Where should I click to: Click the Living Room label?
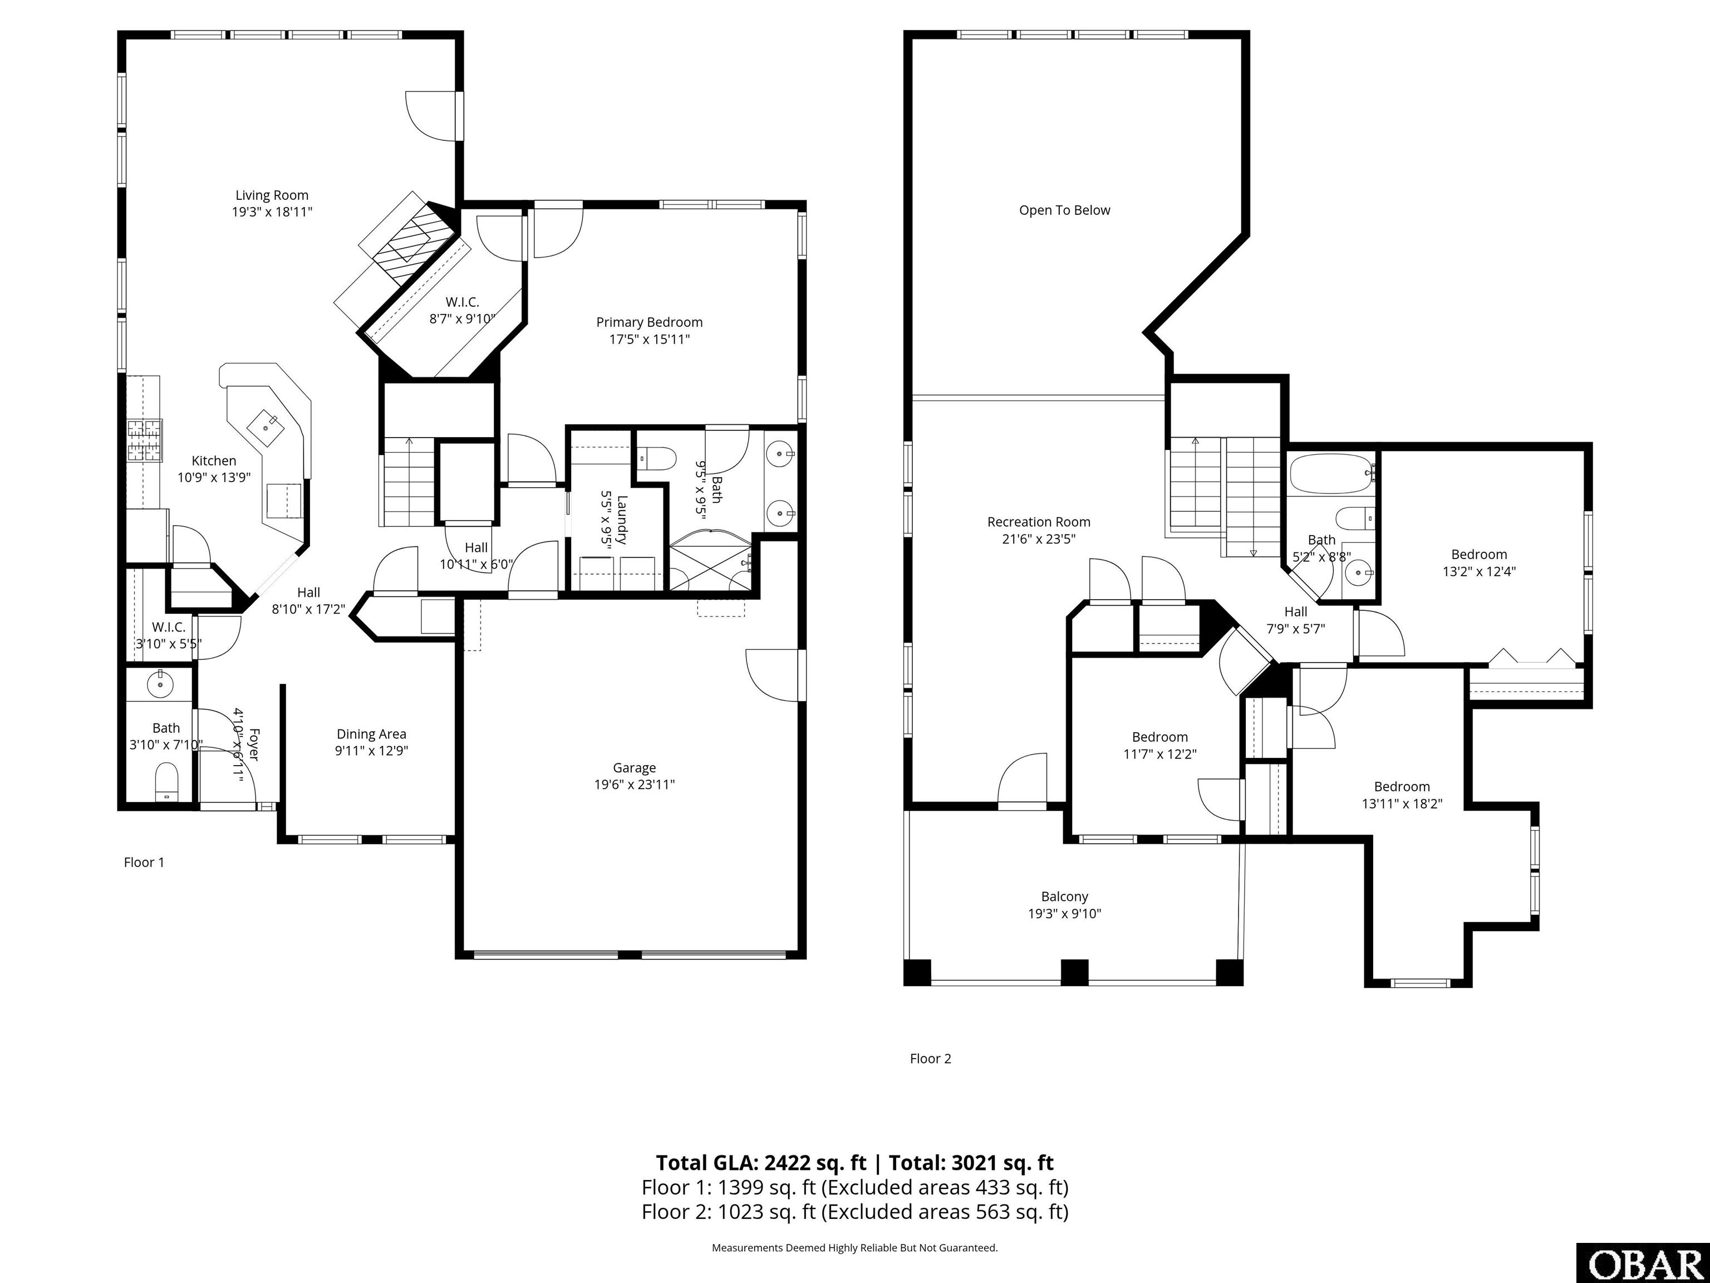(272, 195)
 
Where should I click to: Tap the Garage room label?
(635, 768)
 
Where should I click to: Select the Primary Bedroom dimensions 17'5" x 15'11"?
(650, 339)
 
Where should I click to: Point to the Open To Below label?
(1064, 210)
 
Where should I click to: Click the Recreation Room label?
(1039, 522)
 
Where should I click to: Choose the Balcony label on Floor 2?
(1064, 897)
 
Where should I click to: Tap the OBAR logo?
(1641, 1264)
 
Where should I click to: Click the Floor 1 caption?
(144, 862)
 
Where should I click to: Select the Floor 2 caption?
(930, 1059)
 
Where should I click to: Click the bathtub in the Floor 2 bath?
(1331, 473)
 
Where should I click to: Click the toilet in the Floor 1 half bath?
(167, 782)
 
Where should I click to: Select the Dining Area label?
(371, 734)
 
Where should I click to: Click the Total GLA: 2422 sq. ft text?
(761, 1163)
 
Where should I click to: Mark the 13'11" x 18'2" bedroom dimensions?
(1402, 804)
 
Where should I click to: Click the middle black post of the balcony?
(1074, 972)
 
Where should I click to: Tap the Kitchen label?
(214, 461)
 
